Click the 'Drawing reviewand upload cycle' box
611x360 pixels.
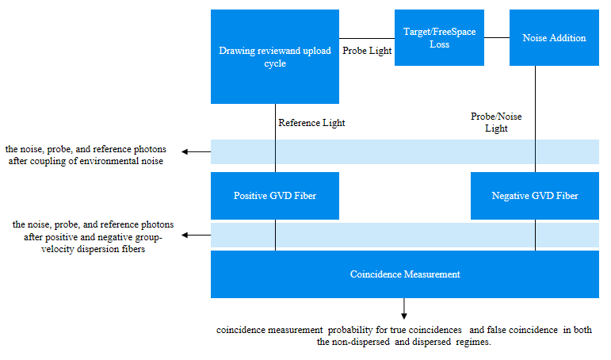274,56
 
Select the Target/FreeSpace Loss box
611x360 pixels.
439,38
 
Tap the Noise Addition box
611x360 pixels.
554,38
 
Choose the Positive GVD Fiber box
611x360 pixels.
274,195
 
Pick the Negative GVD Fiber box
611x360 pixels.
535,195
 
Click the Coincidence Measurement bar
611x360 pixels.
404,274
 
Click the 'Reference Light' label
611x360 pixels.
311,123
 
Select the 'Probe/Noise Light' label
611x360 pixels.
496,122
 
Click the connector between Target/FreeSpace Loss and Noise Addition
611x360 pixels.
496,38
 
